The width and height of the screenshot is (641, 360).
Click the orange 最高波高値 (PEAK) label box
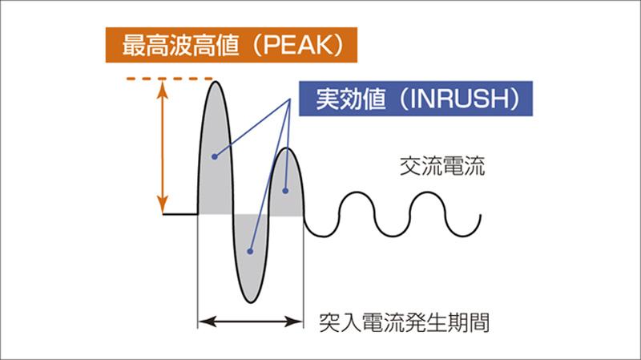coord(231,45)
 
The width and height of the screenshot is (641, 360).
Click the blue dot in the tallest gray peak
coord(214,156)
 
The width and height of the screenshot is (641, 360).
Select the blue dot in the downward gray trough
coord(250,251)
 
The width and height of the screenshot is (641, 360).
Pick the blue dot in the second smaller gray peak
coord(286,191)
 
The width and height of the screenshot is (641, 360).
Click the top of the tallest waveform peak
coord(214,81)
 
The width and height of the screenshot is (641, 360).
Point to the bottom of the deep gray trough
coord(252,303)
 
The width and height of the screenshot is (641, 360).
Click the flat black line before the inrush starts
coord(180,214)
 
